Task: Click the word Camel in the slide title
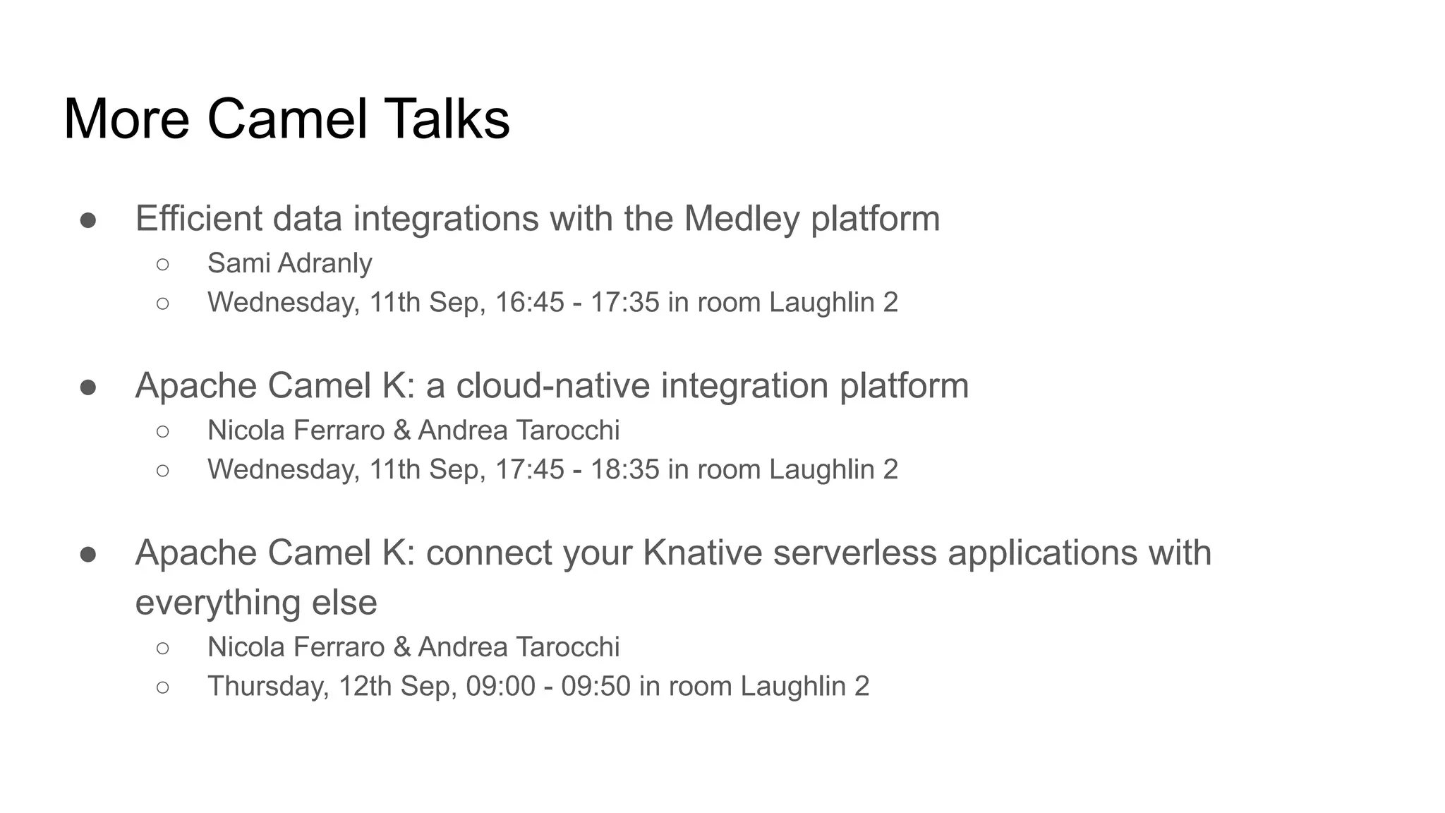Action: [x=287, y=119]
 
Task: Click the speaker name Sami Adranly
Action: [x=289, y=263]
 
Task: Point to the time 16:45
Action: [x=530, y=303]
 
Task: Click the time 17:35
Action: [x=624, y=303]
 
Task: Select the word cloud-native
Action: [x=553, y=386]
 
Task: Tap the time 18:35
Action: [x=624, y=470]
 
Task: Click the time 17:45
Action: [x=530, y=470]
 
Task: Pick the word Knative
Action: [x=702, y=553]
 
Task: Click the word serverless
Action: [x=855, y=553]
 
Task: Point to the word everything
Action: [x=210, y=603]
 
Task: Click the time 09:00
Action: [x=501, y=687]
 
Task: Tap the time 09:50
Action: [x=595, y=687]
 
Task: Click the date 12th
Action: [x=365, y=687]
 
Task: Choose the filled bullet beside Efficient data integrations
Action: [x=88, y=220]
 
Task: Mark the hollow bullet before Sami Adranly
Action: [x=163, y=265]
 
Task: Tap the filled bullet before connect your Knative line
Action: [x=88, y=555]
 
